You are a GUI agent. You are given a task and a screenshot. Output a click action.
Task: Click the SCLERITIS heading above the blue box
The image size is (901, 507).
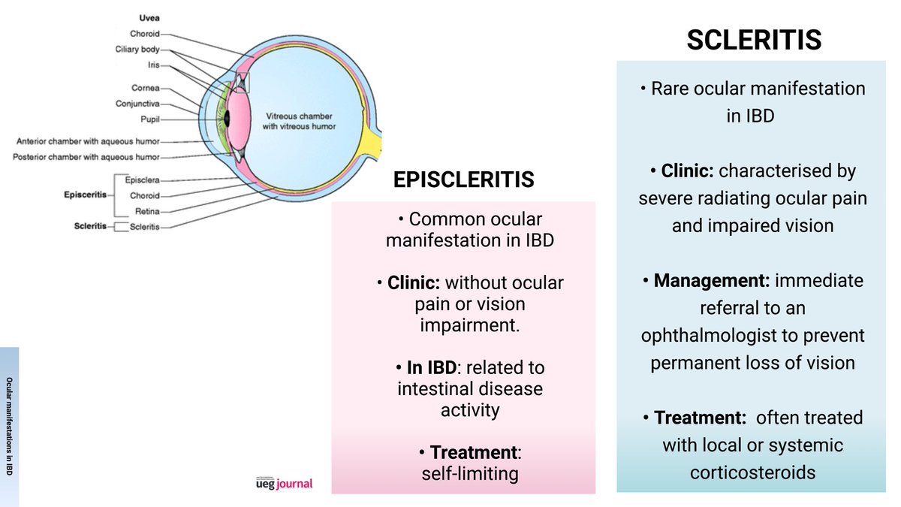[x=754, y=40]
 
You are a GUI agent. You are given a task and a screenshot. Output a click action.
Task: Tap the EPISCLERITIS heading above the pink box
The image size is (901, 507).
[x=463, y=180]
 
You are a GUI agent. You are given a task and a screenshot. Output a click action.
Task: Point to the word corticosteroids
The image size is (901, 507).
[x=752, y=472]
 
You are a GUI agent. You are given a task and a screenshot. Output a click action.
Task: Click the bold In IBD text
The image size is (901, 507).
[x=430, y=368]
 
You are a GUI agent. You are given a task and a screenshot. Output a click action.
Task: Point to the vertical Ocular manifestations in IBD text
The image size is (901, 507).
[x=9, y=425]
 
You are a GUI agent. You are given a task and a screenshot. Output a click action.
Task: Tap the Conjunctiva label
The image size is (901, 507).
[x=138, y=104]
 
